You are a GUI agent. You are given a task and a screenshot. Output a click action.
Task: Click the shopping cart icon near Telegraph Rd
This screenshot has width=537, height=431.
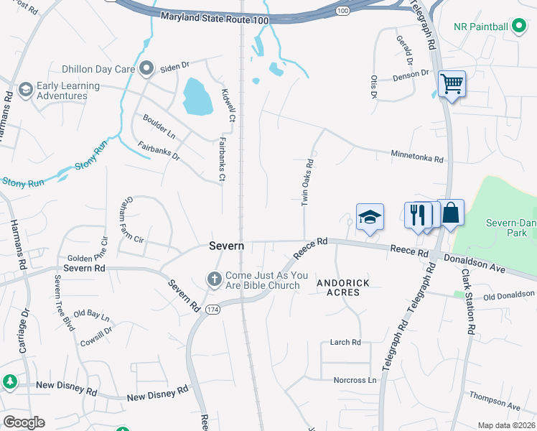point(452,84)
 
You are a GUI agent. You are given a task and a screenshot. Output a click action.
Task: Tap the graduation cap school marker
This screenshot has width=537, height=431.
point(370,217)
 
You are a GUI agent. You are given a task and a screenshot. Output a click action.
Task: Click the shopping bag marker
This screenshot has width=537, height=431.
point(450,213)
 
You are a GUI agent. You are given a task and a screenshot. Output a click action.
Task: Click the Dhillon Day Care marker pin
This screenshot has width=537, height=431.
point(147,70)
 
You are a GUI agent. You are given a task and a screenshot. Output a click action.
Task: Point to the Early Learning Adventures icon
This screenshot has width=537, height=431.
point(26,90)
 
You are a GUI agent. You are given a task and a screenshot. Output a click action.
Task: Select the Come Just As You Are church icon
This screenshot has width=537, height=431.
point(214,279)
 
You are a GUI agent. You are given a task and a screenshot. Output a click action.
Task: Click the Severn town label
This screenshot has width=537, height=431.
point(227,246)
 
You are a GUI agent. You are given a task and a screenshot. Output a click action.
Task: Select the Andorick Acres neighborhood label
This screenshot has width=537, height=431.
point(343,287)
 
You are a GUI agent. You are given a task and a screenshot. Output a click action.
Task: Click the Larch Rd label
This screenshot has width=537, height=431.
point(345,343)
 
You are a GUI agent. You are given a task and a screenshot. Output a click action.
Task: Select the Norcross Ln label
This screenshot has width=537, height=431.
point(355,380)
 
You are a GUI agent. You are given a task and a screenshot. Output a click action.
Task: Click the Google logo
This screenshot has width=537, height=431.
point(24,422)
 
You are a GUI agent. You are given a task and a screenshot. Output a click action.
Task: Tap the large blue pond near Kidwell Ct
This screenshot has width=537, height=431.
point(197,97)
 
